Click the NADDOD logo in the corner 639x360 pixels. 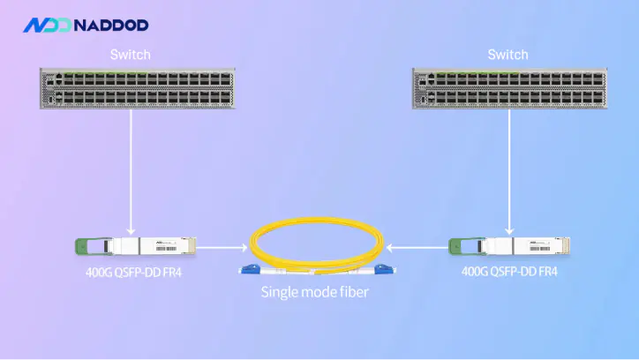click(x=85, y=25)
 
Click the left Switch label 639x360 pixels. click(x=130, y=55)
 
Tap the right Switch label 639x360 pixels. click(x=507, y=55)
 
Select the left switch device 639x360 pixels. click(x=130, y=91)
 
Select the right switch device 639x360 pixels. click(x=507, y=91)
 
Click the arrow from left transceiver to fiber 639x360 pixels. click(x=221, y=246)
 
